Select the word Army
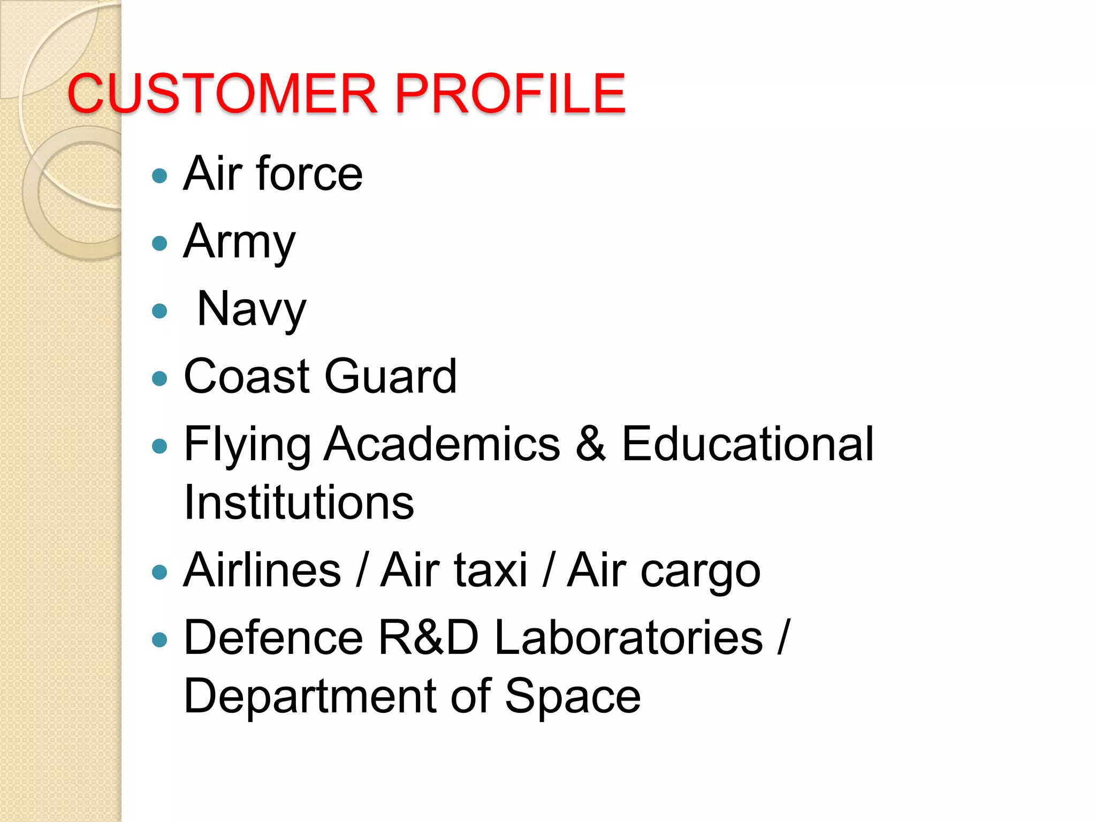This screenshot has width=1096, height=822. [239, 242]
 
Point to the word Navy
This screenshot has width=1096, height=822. [252, 309]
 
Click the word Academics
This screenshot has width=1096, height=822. [442, 444]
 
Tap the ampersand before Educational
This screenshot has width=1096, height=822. [591, 444]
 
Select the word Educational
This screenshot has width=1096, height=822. [748, 444]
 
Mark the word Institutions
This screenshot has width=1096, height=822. [299, 503]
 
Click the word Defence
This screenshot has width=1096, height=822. [273, 637]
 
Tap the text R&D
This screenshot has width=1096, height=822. [429, 637]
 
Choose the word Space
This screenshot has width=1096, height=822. [573, 696]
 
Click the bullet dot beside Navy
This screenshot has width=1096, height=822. [159, 311]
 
